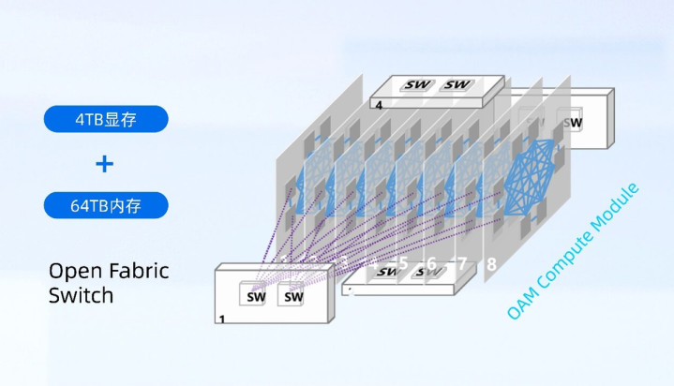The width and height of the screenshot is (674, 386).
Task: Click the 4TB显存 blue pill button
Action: click(105, 119)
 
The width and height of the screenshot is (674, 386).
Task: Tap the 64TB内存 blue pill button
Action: click(105, 205)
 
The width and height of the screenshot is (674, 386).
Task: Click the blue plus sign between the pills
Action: click(105, 163)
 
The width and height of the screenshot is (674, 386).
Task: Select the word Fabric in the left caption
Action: click(139, 272)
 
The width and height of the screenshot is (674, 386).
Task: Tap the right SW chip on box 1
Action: click(293, 296)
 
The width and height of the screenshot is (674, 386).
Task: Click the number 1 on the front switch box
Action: click(222, 319)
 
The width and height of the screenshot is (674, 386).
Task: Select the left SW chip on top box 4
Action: click(418, 85)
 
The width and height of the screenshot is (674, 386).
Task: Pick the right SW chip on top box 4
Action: click(457, 85)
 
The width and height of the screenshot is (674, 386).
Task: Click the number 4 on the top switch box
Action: click(379, 106)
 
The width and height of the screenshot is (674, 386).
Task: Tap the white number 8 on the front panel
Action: click(490, 265)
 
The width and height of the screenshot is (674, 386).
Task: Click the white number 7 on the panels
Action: click(460, 262)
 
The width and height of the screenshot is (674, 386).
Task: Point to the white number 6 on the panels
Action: click(431, 263)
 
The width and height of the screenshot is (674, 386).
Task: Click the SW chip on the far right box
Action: click(570, 121)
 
